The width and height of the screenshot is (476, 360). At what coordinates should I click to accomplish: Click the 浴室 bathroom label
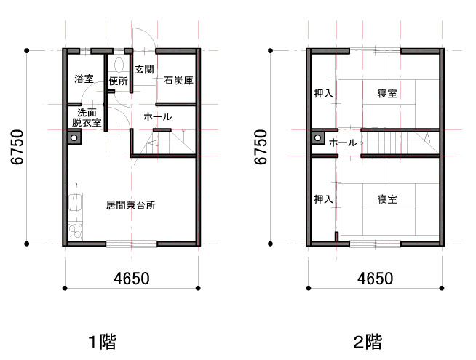84,79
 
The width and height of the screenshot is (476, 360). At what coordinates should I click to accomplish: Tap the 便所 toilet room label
119,81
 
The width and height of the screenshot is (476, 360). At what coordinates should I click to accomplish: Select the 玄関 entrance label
145,69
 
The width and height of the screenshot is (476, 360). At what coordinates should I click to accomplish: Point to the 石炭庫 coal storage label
178,81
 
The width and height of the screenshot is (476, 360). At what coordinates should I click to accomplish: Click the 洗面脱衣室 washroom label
87,118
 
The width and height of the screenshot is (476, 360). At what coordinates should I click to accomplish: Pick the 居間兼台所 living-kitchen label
131,205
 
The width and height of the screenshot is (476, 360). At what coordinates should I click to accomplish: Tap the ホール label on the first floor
157,117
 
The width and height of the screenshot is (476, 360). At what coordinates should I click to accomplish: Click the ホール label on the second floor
343,143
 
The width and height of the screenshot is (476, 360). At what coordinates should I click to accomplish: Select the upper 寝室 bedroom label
387,93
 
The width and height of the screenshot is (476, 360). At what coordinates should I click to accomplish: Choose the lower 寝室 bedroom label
387,199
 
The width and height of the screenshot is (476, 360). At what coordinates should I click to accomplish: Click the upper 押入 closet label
324,93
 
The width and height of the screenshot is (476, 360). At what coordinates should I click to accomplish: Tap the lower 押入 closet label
324,199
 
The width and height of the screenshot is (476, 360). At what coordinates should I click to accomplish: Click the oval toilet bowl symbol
119,65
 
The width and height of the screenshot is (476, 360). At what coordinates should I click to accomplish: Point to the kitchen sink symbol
75,202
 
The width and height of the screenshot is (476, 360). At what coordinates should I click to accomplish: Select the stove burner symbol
75,232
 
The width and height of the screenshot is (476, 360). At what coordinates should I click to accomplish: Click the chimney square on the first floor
74,137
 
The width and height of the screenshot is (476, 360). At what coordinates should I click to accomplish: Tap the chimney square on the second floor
318,138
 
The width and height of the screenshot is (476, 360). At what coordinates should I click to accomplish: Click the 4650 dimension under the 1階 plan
132,279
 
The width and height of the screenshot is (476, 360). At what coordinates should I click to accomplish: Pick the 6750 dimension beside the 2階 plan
261,147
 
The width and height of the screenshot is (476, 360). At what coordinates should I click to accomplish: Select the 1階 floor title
103,342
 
